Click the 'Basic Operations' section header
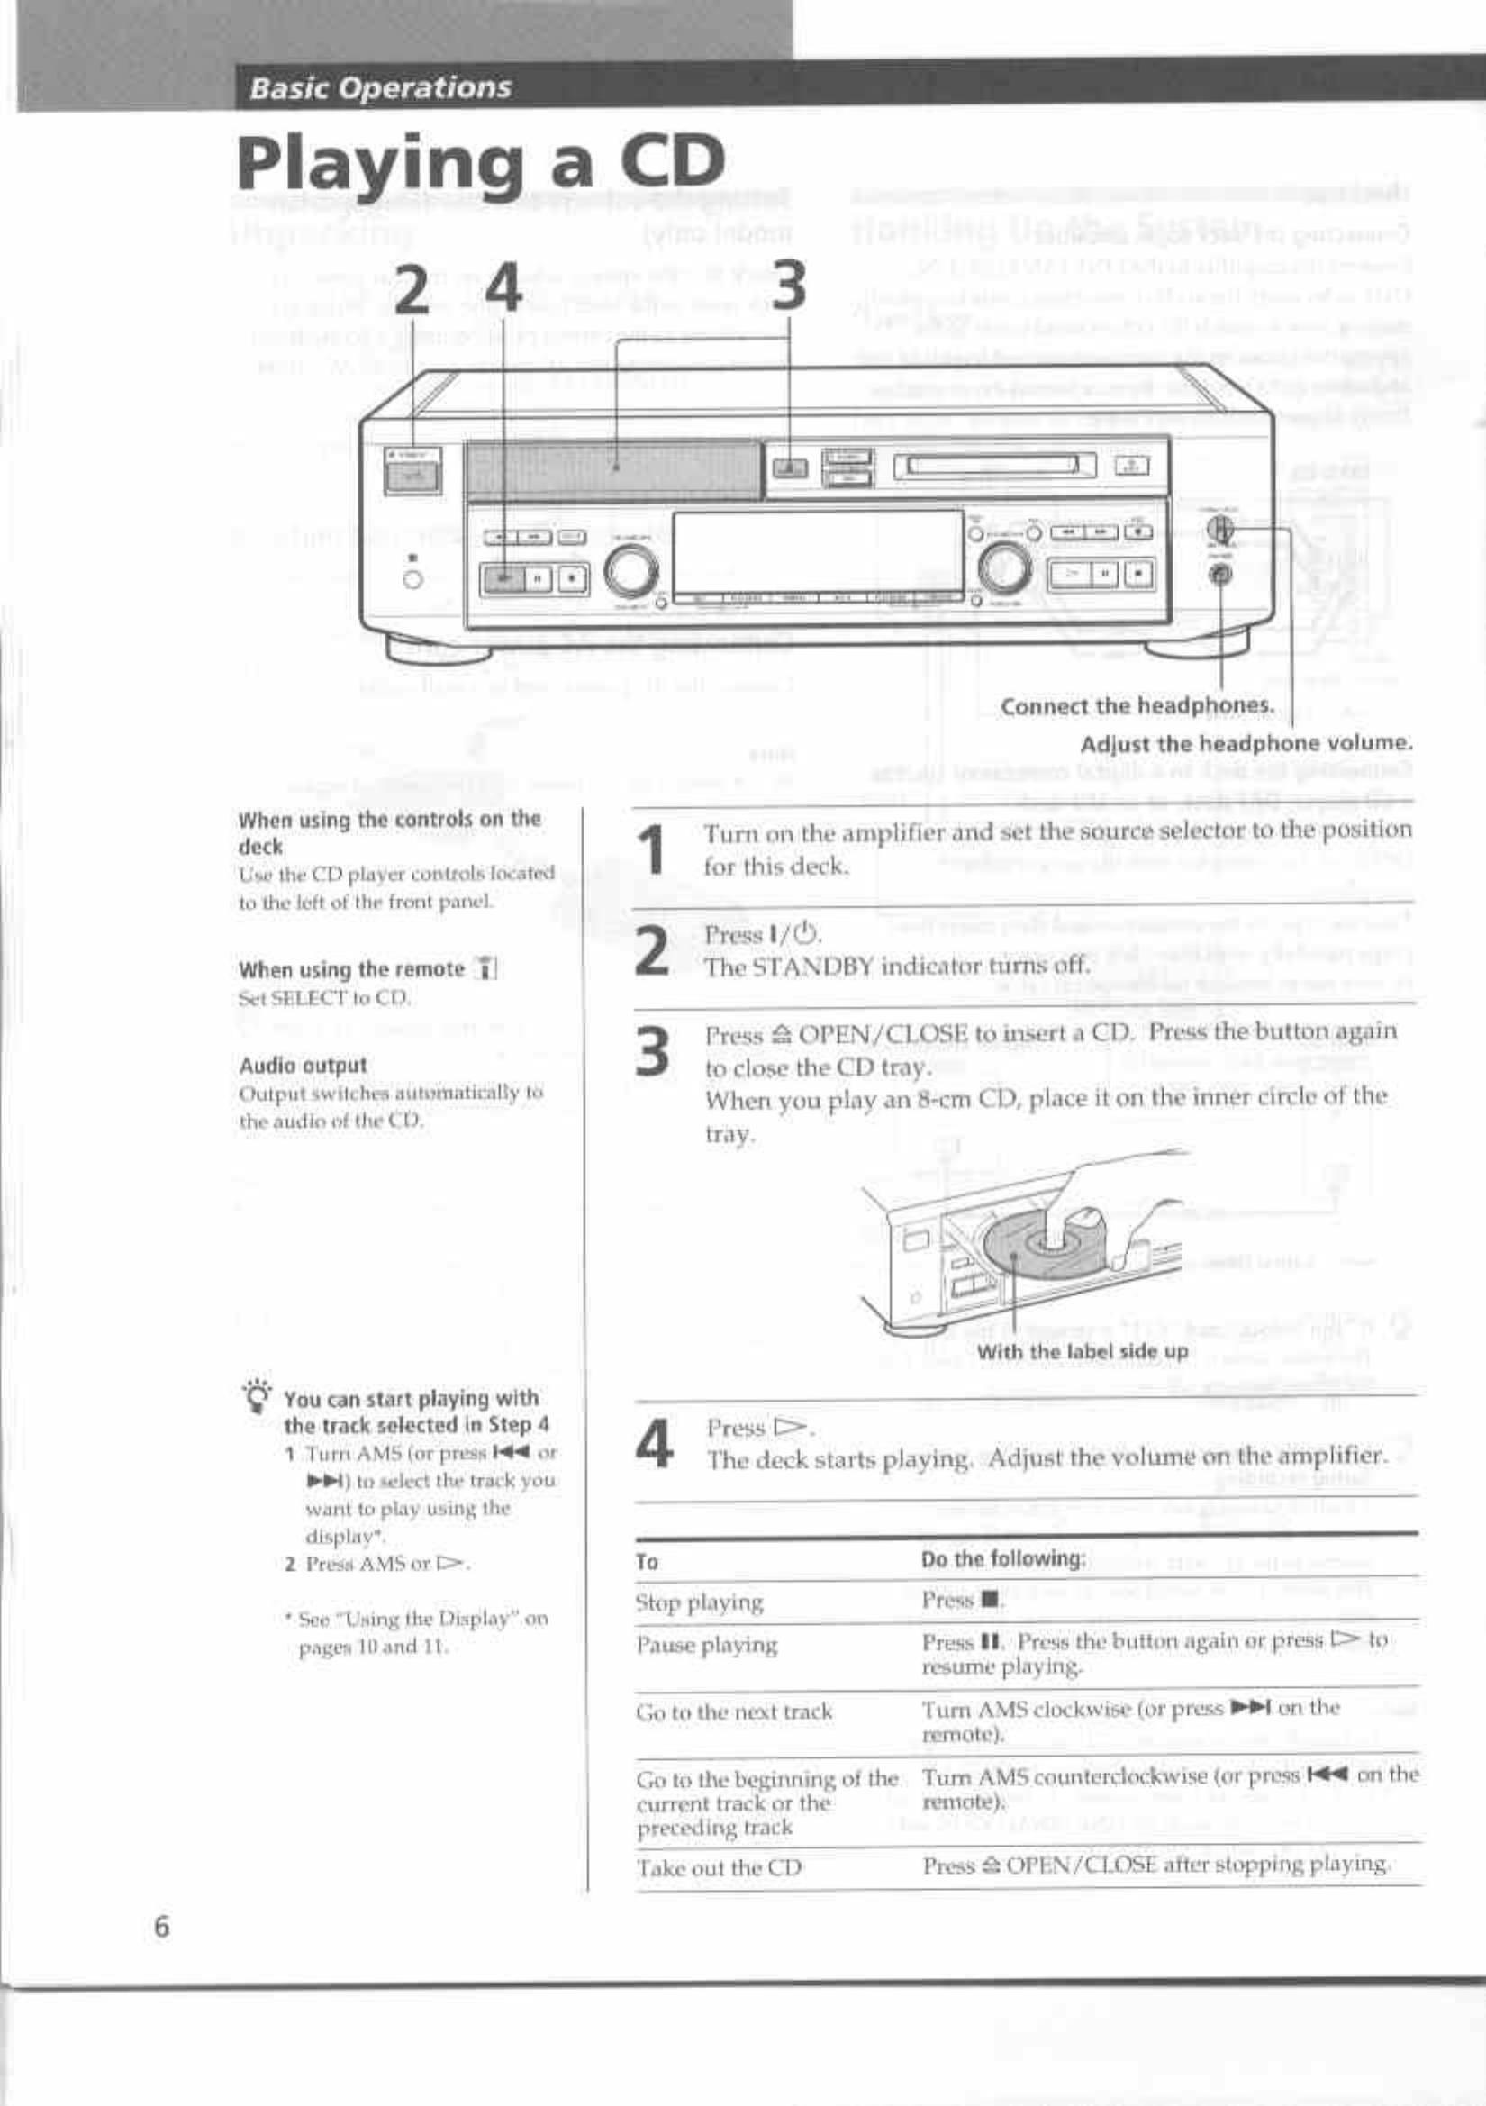380,88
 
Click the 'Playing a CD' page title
480,162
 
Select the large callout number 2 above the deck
412,287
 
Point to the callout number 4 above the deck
503,287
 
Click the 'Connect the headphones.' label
1137,705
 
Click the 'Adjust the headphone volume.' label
1246,743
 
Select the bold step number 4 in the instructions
654,1443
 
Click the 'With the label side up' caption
1083,1351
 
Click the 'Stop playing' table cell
699,1602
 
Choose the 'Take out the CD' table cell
720,1867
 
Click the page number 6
161,1926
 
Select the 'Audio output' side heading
303,1065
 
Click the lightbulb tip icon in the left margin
258,1397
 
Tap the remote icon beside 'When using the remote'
485,968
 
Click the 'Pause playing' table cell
706,1645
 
